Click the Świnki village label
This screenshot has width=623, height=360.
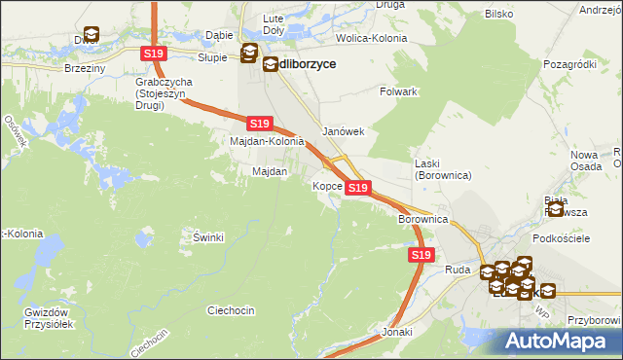click(209, 237)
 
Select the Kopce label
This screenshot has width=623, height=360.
click(326, 185)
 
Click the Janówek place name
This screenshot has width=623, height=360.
click(343, 132)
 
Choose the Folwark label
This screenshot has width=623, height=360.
click(398, 91)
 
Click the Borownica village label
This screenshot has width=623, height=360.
click(422, 220)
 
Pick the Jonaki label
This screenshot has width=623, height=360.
click(397, 332)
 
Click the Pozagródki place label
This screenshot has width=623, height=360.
click(570, 63)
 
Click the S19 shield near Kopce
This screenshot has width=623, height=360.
click(358, 188)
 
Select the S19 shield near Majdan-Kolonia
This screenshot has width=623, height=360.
click(258, 124)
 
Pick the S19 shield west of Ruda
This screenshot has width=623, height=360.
click(420, 255)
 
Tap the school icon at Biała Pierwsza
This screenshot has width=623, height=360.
click(556, 208)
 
